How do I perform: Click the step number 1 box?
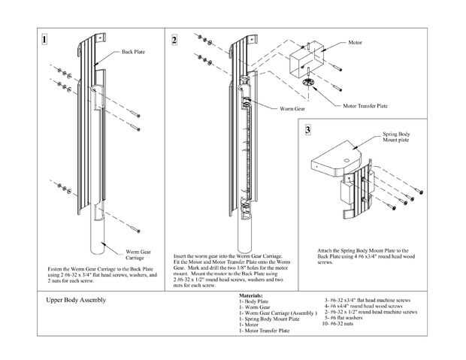coord(46,38)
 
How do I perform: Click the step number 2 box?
coord(174,39)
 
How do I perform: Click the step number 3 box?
coord(307,130)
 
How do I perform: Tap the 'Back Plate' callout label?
coord(133,52)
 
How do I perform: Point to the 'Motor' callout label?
coord(356,43)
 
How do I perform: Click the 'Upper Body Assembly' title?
coord(75,300)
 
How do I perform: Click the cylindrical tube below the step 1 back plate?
coord(98,237)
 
